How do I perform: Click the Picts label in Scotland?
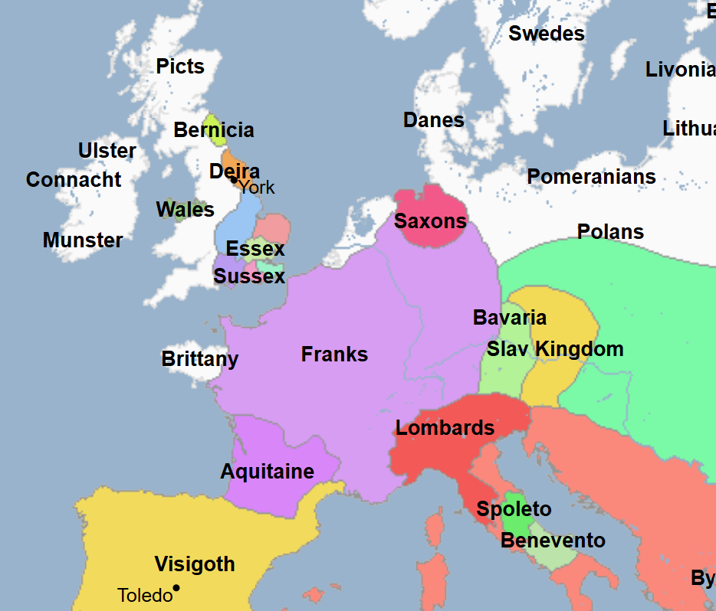pos(180,67)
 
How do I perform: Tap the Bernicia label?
pos(213,130)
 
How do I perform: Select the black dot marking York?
pos(234,181)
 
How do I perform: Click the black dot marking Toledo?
pos(176,588)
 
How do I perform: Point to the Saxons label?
pos(430,222)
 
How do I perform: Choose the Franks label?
pos(334,355)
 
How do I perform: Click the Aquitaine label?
pos(267,472)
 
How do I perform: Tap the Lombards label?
pos(445,428)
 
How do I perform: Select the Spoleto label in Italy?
pos(514,509)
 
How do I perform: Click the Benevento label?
pos(553,541)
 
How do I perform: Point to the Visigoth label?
pos(195,565)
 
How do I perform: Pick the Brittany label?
pos(199,359)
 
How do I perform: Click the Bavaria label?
pos(510,318)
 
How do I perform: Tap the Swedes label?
pos(546,34)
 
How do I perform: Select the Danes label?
pos(433,120)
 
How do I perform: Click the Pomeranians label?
pos(591,178)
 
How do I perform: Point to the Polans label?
pos(610,232)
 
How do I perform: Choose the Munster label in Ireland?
pos(83,240)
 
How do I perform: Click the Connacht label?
pos(74,180)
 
